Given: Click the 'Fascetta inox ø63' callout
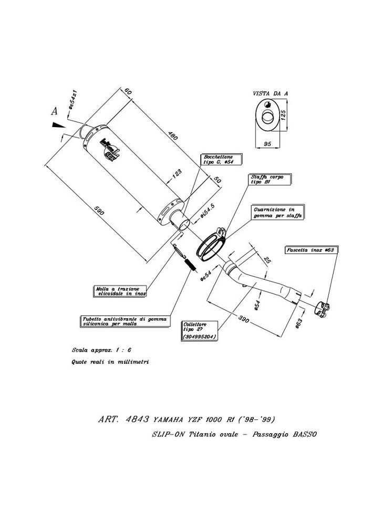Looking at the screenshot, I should tap(310, 250).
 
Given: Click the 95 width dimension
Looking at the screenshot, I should tap(266, 143).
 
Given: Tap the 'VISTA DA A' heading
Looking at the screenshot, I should tap(270, 92).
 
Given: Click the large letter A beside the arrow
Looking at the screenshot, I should tap(54, 111).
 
